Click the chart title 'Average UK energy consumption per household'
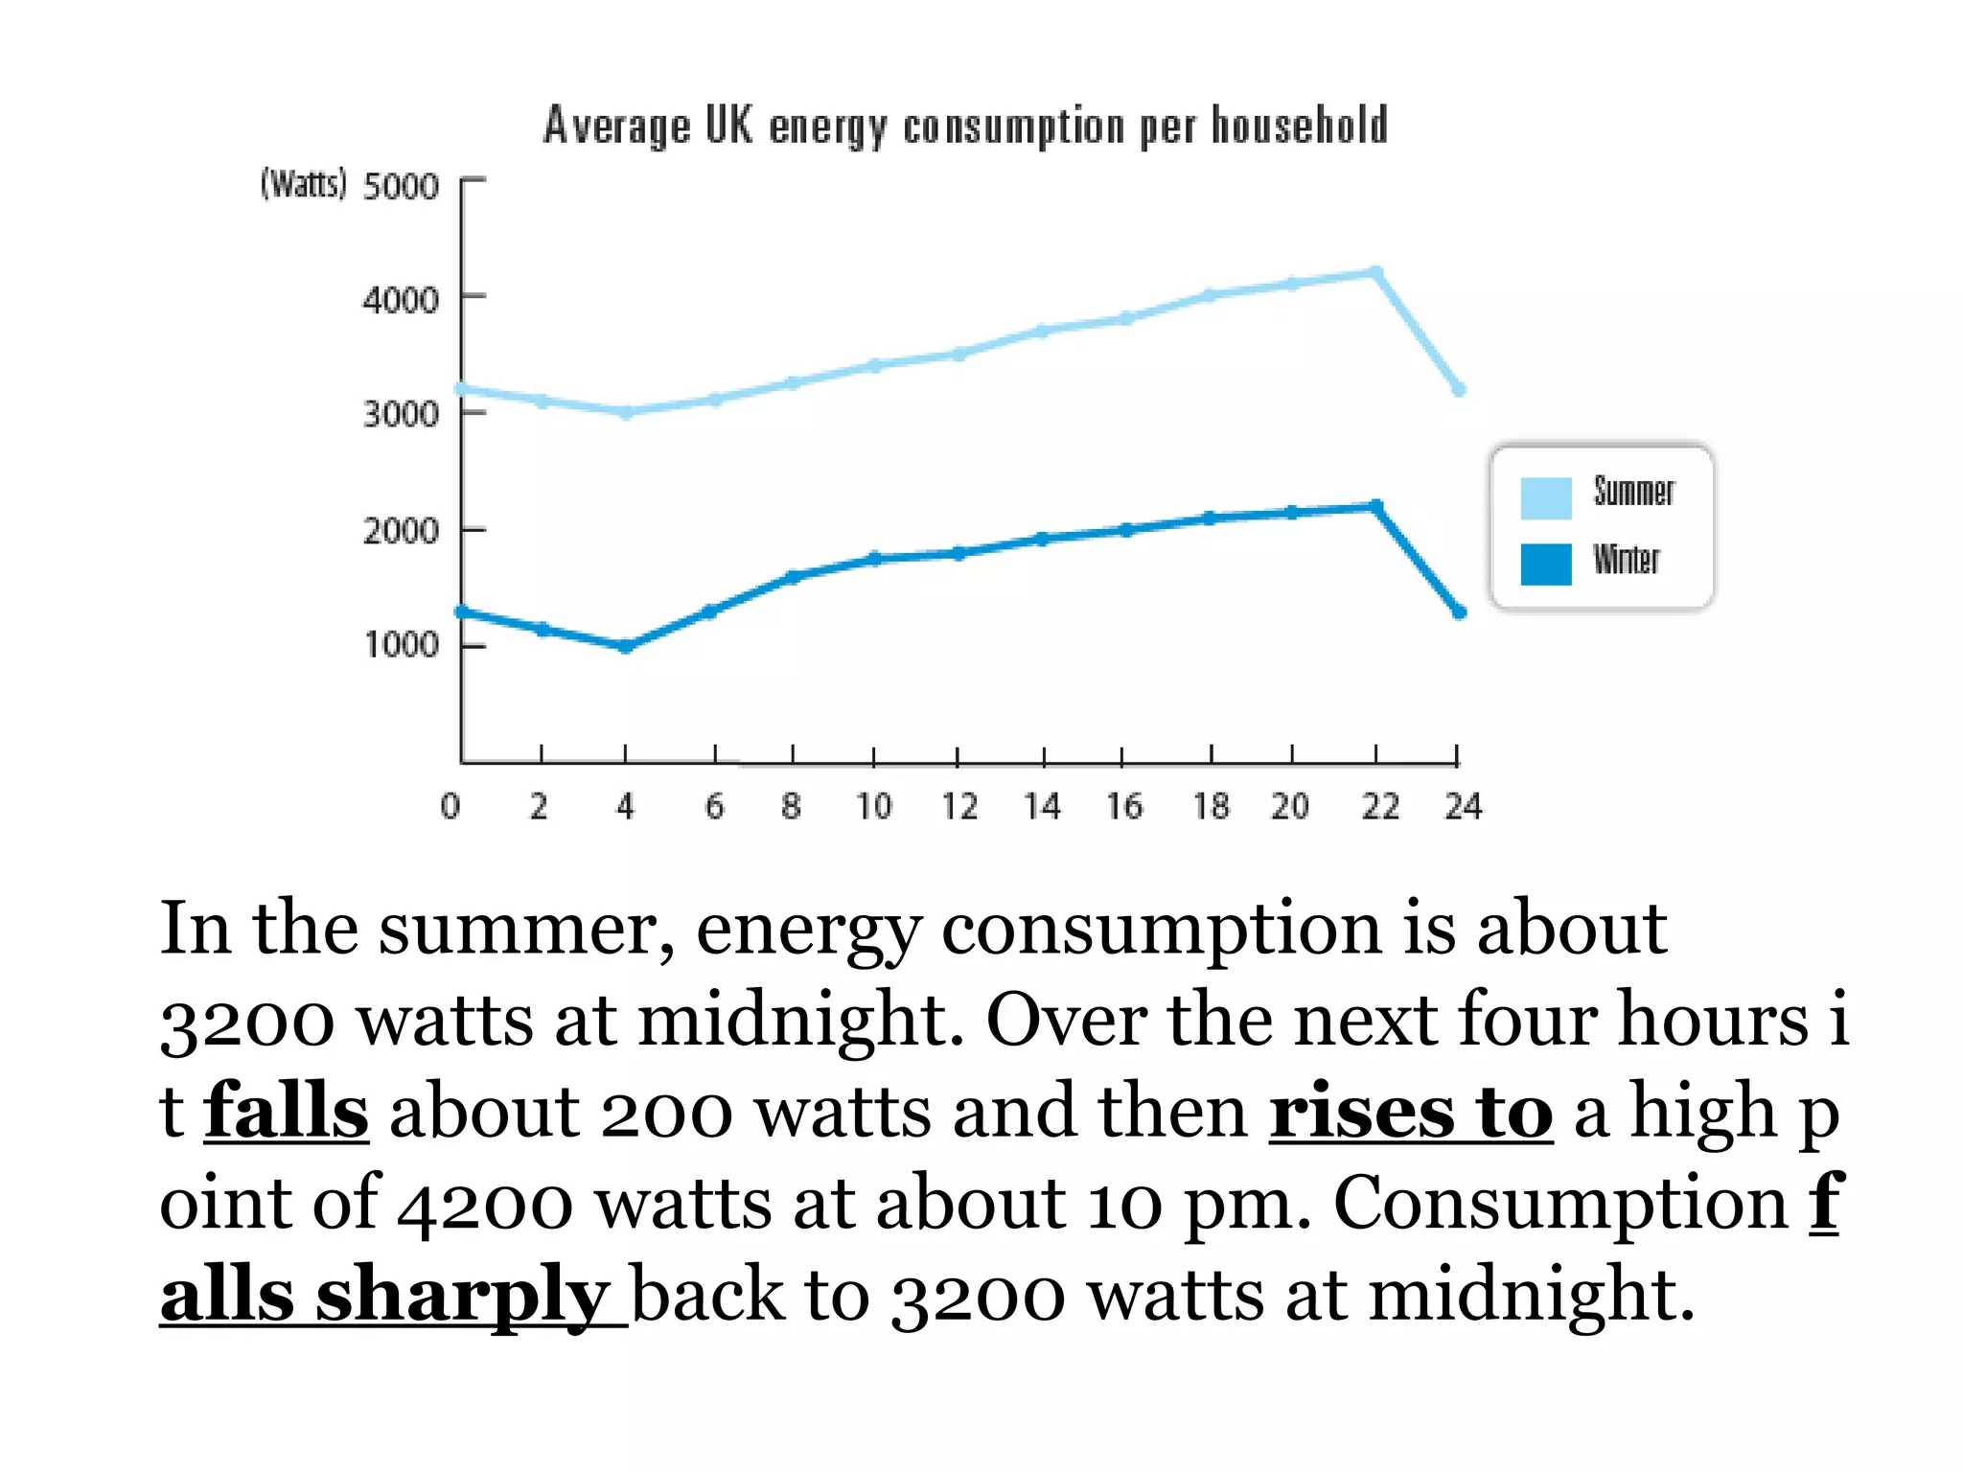[965, 126]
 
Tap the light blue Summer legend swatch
[1545, 497]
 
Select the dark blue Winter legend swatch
[1545, 563]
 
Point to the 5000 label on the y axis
[401, 186]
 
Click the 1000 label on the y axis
[401, 645]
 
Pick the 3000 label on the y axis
[401, 415]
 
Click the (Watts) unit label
[303, 183]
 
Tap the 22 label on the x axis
[1380, 806]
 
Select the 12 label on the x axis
[958, 806]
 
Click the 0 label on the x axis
[450, 806]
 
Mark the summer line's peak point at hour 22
[1376, 273]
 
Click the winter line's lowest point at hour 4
[626, 647]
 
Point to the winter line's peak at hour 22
[1376, 506]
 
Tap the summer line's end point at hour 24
[1459, 389]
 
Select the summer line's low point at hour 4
[626, 413]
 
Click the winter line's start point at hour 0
[462, 611]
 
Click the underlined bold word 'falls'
[286, 1111]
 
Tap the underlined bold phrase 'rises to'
[1410, 1111]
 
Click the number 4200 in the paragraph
[485, 1203]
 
